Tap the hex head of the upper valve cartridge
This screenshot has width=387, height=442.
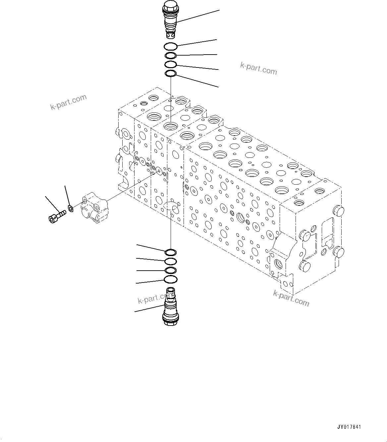[171, 6]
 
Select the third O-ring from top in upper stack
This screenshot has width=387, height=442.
[171, 64]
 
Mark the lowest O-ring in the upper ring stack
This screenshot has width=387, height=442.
[171, 73]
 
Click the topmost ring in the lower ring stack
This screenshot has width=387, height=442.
[170, 253]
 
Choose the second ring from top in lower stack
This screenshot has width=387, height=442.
[170, 262]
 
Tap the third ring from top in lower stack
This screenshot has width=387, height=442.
[170, 270]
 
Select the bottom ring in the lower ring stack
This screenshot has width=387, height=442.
[170, 280]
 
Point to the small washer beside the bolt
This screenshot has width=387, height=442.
[70, 208]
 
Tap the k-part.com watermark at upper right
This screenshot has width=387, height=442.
[258, 69]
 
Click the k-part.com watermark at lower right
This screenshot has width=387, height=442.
[291, 298]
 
